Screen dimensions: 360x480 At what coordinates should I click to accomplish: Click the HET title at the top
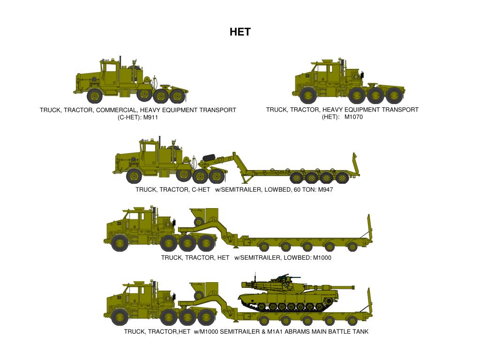240,32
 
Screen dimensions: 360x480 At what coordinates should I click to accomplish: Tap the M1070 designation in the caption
353,117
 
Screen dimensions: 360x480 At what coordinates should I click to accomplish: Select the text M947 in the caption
325,190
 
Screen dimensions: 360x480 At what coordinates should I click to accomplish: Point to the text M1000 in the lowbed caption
322,257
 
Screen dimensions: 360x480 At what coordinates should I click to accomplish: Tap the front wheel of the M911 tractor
95,96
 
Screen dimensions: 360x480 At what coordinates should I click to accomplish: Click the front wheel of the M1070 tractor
308,95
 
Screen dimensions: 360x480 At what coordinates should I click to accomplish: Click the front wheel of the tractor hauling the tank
120,317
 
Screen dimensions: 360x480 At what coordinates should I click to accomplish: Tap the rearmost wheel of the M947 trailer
343,178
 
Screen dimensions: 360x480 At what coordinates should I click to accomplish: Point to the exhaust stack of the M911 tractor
120,66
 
